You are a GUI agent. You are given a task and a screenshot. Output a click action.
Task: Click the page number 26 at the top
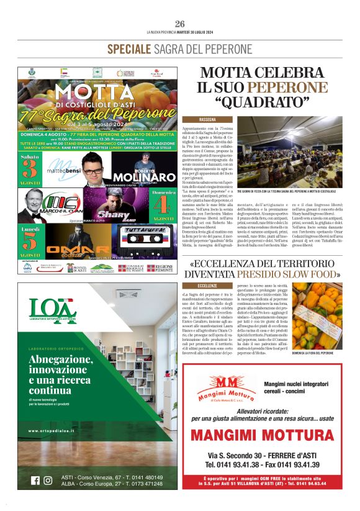click(x=180, y=24)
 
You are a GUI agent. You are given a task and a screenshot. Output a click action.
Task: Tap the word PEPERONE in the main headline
click(x=289, y=87)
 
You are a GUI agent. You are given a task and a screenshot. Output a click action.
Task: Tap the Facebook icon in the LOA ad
click(x=35, y=480)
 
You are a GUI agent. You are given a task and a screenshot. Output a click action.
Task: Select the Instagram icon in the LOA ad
click(x=48, y=480)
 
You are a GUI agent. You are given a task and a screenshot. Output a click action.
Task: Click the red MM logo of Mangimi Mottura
click(x=222, y=384)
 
